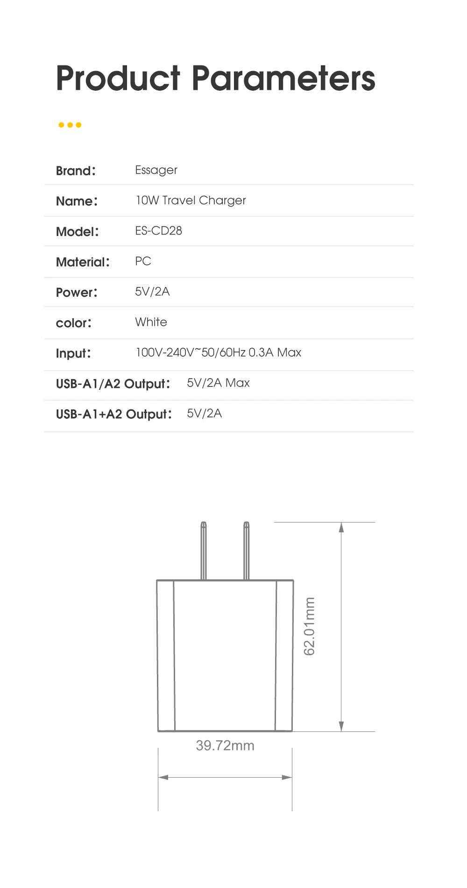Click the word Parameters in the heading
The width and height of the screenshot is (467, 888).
283,78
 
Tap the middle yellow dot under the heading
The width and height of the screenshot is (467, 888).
70,125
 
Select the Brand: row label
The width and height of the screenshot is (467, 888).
76,171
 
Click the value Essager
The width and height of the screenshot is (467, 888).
156,170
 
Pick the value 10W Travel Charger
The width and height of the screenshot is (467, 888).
191,201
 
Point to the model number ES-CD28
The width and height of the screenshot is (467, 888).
158,231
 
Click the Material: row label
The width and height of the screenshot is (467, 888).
83,262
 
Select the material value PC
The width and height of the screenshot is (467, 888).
143,261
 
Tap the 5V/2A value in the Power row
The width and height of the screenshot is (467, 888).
152,292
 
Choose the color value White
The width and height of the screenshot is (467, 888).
151,322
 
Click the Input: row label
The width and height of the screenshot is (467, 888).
73,353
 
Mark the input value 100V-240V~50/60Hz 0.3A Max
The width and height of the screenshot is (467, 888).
218,352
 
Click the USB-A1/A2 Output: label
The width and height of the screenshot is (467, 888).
113,384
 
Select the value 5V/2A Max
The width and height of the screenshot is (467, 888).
218,383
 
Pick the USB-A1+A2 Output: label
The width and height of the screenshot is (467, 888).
114,414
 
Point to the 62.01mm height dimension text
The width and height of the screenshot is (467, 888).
309,626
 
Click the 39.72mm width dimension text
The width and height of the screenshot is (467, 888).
225,745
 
